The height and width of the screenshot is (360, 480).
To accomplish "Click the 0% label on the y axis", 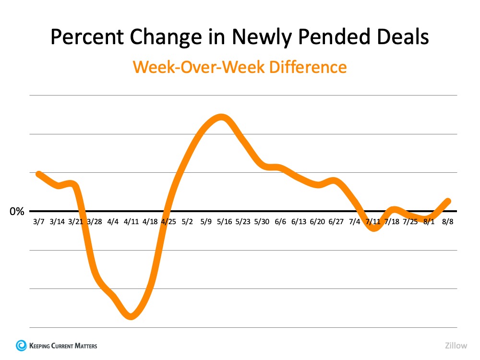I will coord(17,212).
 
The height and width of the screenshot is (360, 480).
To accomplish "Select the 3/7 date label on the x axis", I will coord(38,222).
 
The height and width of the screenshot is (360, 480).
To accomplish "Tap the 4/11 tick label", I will coord(131,222).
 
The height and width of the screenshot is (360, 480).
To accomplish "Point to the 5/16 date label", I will coord(224,222).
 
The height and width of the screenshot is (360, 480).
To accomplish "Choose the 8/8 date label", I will coord(447,222).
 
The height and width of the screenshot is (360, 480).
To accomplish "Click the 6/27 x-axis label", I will coord(336,222).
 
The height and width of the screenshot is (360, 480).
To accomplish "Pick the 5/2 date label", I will coord(187,222).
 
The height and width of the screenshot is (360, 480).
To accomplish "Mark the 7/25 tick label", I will coord(410,222).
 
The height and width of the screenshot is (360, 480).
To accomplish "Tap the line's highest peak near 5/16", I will coord(221,118).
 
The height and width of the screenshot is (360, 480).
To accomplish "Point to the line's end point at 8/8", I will coord(448,201).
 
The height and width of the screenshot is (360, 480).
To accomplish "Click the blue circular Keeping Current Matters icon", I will coord(22,345).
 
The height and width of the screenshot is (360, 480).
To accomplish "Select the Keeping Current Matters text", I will coord(63,346).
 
